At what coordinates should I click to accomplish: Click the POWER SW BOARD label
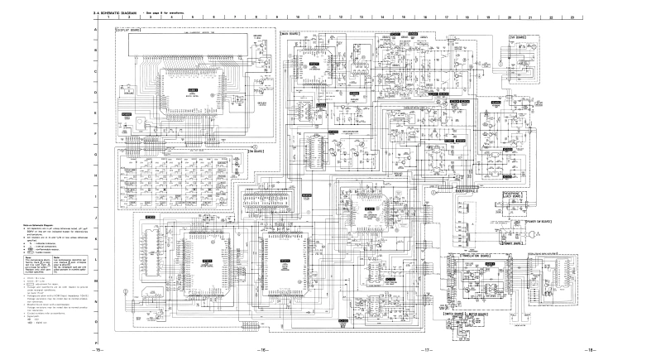coord(535,223)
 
